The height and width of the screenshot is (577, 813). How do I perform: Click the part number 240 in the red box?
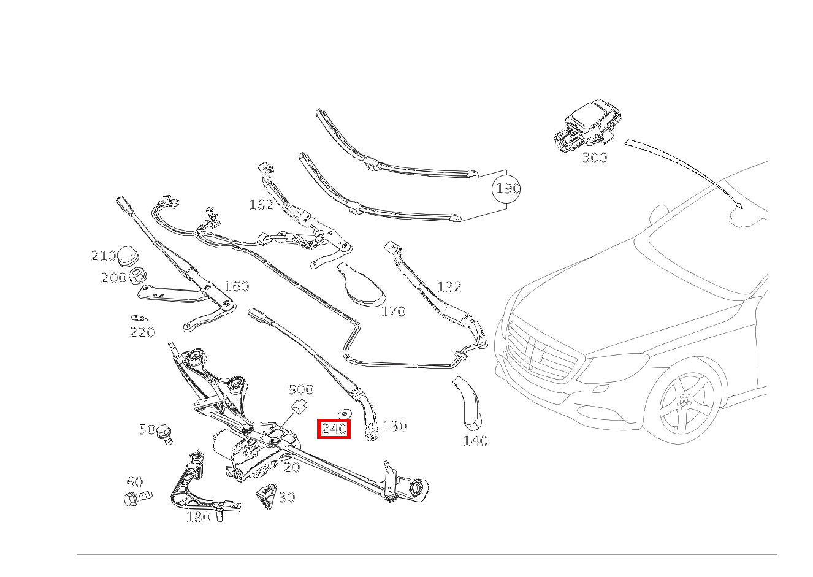click(334, 429)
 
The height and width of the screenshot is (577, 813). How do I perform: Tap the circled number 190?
click(507, 189)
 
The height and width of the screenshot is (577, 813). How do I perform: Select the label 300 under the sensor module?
click(594, 158)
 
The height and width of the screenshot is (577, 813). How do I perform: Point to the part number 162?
click(261, 205)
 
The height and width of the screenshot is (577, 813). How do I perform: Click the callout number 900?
click(300, 390)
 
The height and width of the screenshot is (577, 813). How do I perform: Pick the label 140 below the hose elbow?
click(475, 441)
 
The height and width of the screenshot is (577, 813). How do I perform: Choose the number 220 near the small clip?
click(142, 332)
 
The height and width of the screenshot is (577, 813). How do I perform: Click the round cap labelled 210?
click(128, 256)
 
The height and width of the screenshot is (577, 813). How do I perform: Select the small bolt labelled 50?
click(164, 434)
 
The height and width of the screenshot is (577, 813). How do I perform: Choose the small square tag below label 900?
click(299, 407)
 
